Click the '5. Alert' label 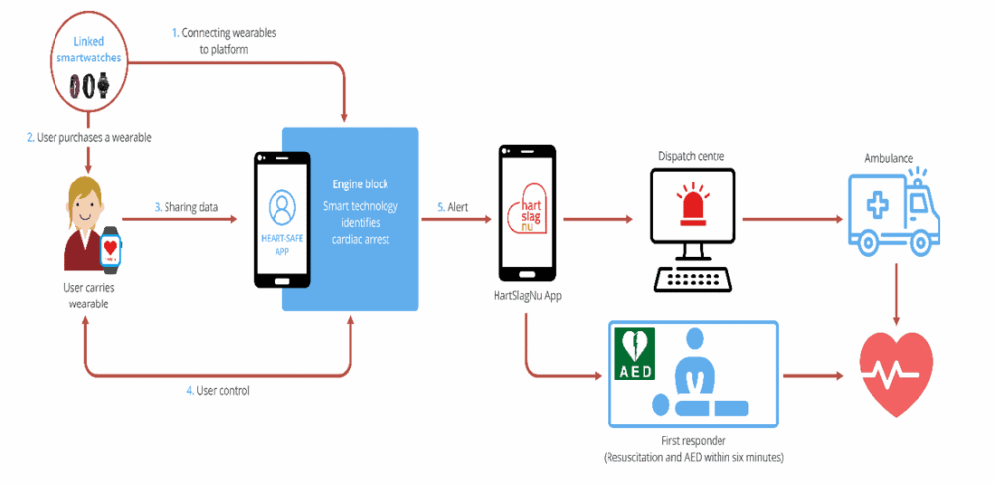455,208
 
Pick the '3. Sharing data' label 186,207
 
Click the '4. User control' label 217,390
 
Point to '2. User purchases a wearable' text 89,136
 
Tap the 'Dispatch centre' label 692,155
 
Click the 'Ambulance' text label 889,157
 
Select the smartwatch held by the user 112,250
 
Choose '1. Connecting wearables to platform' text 223,40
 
